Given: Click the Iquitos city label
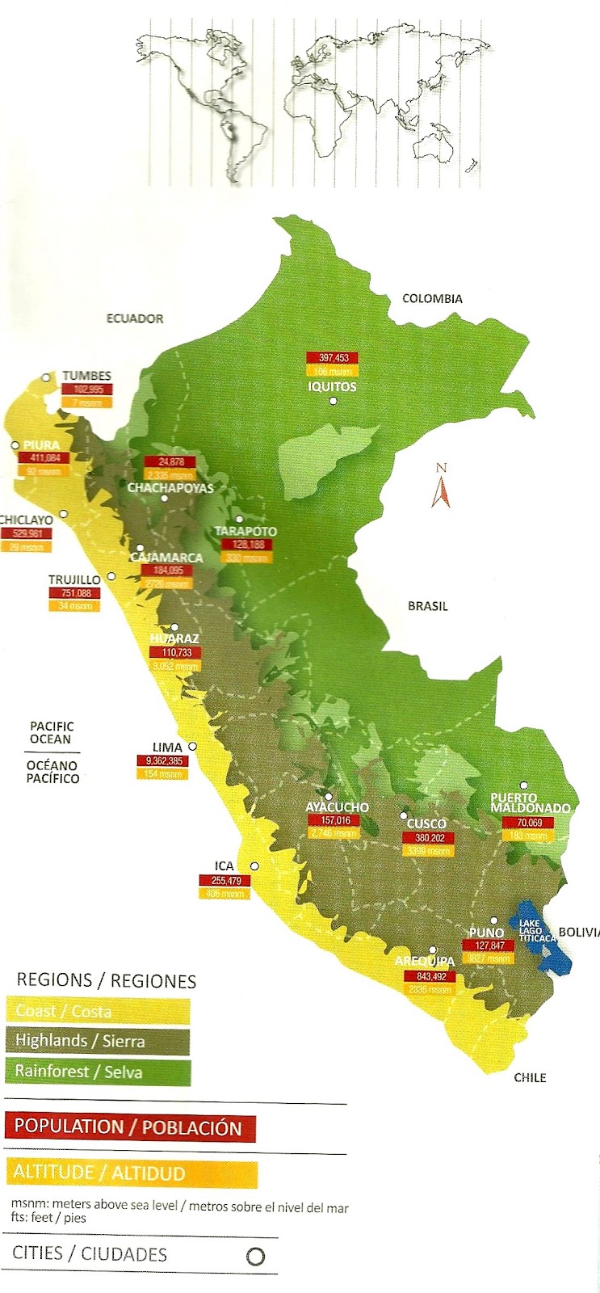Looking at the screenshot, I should [332, 387].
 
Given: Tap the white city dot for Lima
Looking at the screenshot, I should [193, 747].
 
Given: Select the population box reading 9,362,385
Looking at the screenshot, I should [160, 761].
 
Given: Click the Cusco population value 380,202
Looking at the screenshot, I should [429, 838].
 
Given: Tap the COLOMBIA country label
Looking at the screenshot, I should [432, 299].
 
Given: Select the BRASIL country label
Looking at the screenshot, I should [427, 606].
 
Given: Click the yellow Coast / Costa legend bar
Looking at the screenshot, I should [98, 1011].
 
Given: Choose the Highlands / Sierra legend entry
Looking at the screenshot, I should [98, 1041].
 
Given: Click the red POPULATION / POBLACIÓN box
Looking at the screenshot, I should [129, 1128].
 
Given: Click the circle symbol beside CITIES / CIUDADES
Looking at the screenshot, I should [255, 1257].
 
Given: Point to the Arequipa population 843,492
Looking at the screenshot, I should [429, 976].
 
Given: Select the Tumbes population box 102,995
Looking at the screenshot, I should [87, 390].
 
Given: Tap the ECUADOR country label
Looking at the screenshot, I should [135, 319].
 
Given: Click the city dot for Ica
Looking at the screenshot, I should [254, 866].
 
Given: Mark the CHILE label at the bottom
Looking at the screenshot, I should [530, 1077].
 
